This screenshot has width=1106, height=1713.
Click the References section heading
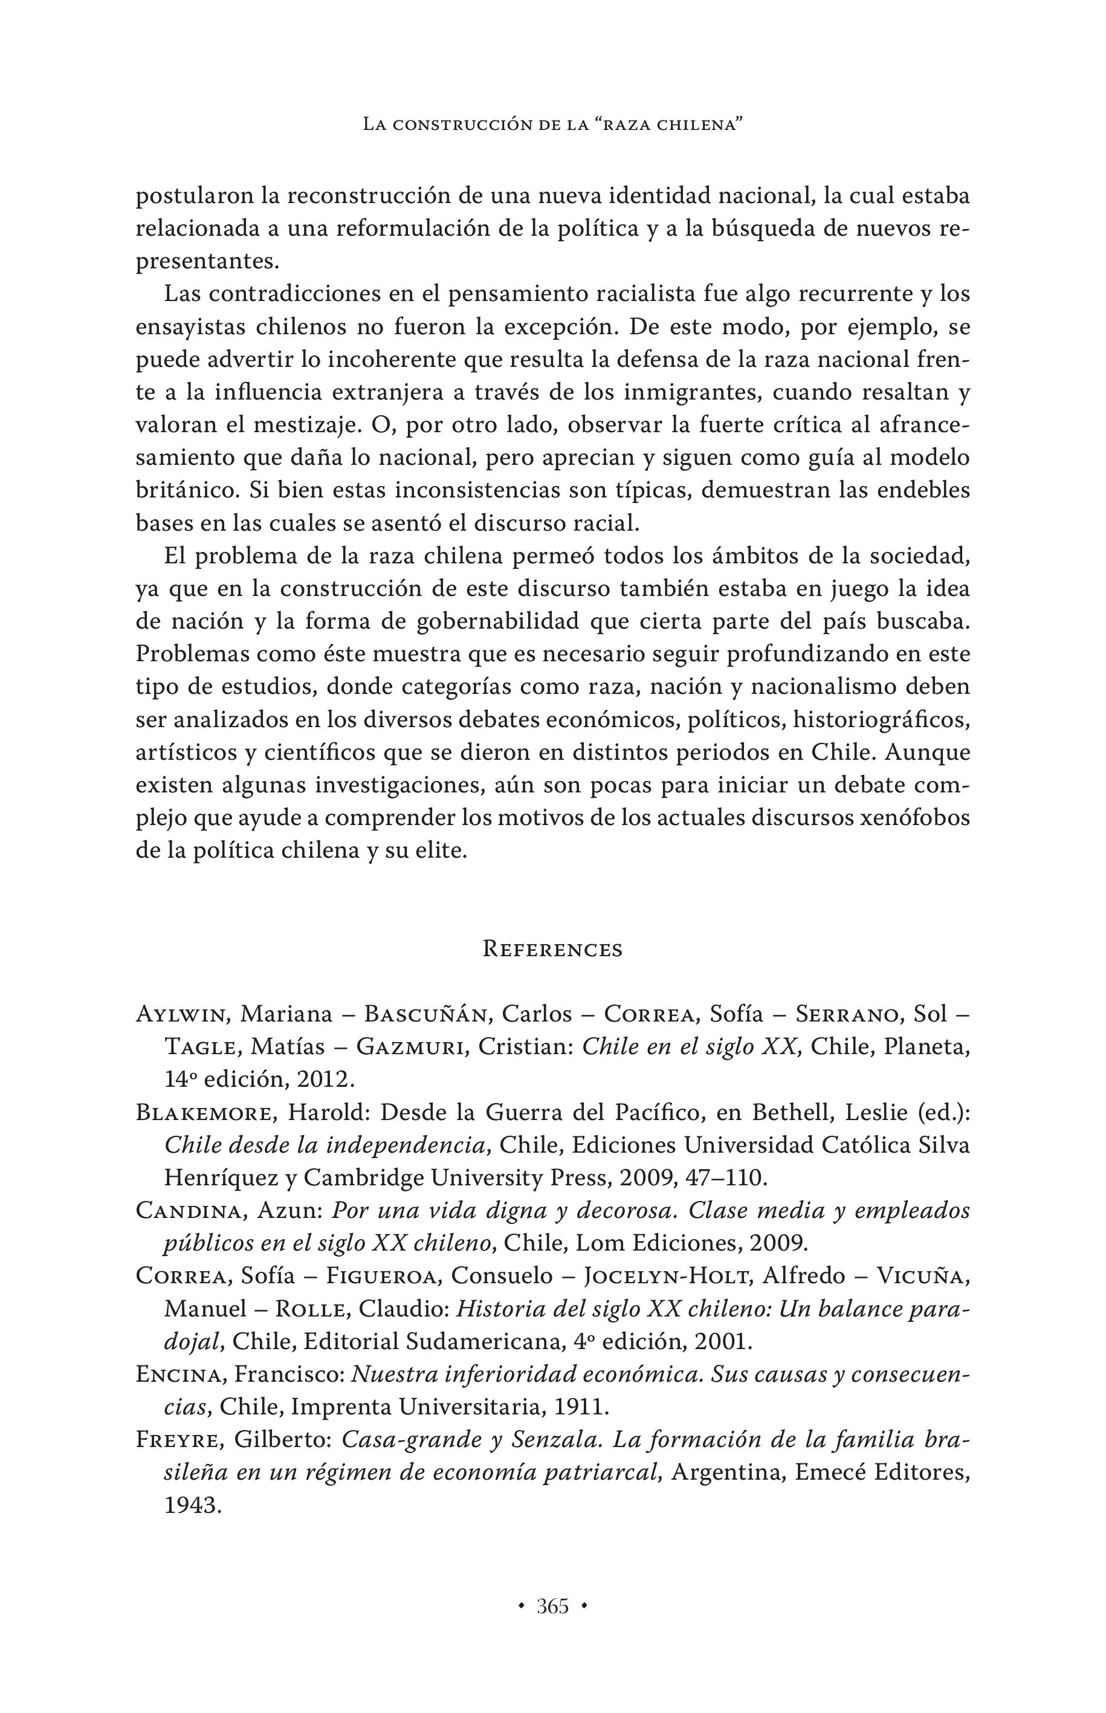(x=552, y=949)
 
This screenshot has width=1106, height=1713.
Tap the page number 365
(x=552, y=1606)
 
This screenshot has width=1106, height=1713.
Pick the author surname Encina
(x=182, y=1375)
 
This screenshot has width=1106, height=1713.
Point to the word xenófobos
(x=915, y=818)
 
